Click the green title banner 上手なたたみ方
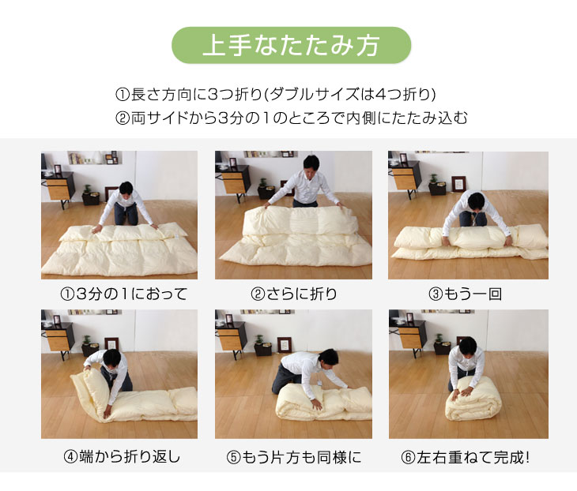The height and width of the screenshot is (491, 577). click(292, 45)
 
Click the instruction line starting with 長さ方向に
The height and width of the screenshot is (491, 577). click(276, 95)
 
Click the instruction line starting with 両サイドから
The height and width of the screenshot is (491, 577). click(292, 118)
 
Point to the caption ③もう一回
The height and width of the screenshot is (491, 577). click(466, 294)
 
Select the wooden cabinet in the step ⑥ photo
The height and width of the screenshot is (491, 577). click(405, 337)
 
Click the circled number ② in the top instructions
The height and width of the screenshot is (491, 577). click(122, 118)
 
